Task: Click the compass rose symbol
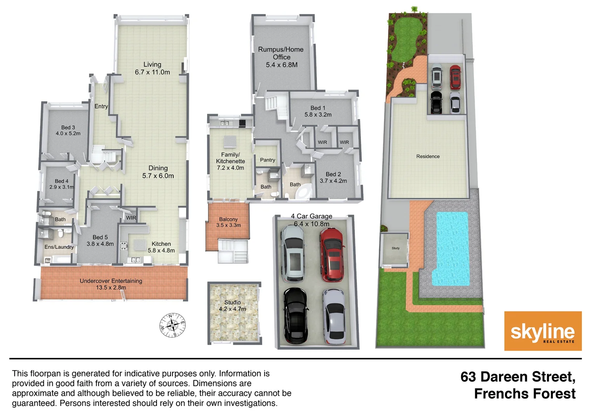(172, 325)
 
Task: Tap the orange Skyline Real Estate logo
(542, 331)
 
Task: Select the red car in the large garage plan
(332, 255)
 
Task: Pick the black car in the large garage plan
(296, 316)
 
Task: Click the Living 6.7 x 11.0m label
(152, 68)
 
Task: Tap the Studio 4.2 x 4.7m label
(232, 306)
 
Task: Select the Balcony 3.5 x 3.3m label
(228, 222)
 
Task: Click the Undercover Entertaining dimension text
(111, 287)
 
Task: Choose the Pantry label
(267, 160)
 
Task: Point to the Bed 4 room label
(61, 184)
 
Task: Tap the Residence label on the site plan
(428, 156)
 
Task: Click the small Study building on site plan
(395, 249)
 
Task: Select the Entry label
(101, 106)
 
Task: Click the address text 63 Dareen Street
(517, 377)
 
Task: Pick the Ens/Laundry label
(59, 247)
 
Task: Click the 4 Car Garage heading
(312, 216)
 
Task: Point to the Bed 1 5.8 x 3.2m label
(318, 111)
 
